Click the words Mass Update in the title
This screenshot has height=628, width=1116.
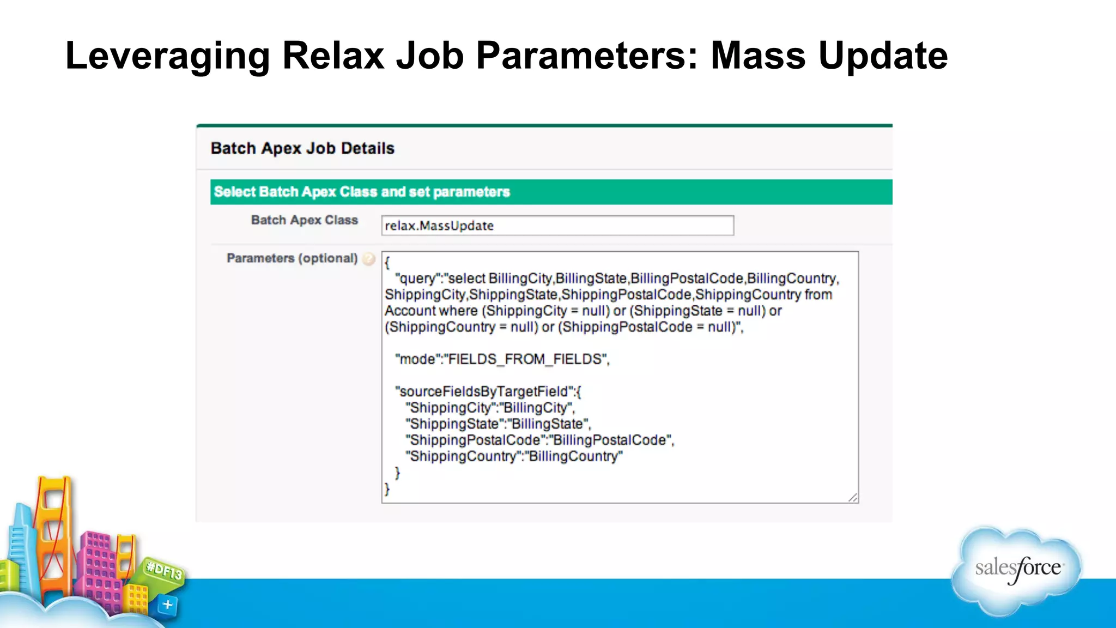pyautogui.click(x=829, y=56)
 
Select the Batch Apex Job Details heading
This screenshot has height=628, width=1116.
pyautogui.click(x=302, y=148)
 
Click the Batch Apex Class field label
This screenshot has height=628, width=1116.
pyautogui.click(x=304, y=220)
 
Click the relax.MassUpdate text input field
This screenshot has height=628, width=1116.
pyautogui.click(x=557, y=226)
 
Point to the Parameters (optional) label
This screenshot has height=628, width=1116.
pyautogui.click(x=292, y=258)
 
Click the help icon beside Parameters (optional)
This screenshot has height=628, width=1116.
pyautogui.click(x=369, y=259)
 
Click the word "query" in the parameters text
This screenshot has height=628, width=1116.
pyautogui.click(x=418, y=279)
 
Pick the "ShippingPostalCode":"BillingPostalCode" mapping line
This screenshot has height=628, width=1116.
pyautogui.click(x=539, y=440)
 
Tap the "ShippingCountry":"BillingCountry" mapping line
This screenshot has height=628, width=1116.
pyautogui.click(x=514, y=456)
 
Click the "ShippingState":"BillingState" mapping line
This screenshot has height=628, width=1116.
pyautogui.click(x=498, y=424)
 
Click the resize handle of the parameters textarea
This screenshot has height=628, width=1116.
pyautogui.click(x=853, y=497)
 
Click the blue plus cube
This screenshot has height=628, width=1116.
pyautogui.click(x=167, y=605)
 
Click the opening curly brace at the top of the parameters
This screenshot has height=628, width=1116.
pyautogui.click(x=387, y=263)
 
